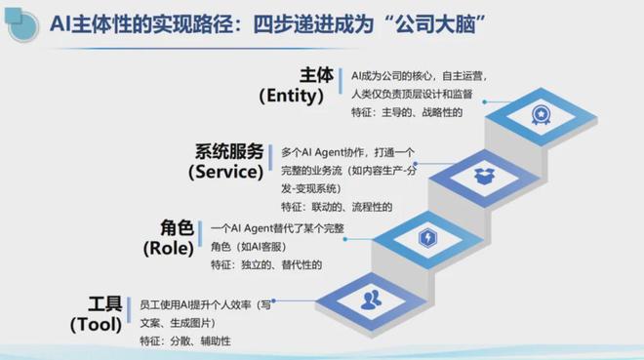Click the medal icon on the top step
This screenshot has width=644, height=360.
pos(539,116)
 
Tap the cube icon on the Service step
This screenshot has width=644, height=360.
pos(484,178)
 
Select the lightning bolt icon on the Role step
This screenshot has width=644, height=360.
pos(428,237)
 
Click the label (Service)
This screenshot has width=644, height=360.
pos(226,172)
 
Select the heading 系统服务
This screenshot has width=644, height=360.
pos(229,151)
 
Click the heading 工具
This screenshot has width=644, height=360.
pos(104,302)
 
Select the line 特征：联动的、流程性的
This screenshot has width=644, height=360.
pos(336,207)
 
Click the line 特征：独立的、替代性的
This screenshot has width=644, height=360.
pos(265,264)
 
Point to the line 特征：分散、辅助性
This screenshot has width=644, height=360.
pos(186,340)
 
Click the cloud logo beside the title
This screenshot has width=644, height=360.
pos(21,21)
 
